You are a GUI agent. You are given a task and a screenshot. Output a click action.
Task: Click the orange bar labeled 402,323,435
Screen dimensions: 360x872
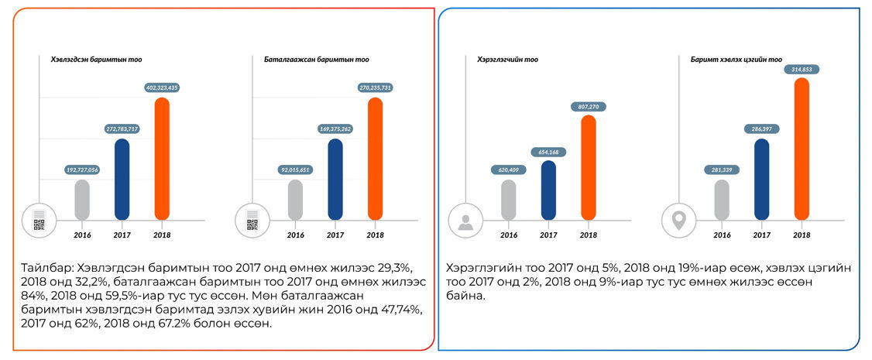tap(162, 159)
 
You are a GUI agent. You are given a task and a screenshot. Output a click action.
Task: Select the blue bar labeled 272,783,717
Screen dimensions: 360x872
tap(122, 180)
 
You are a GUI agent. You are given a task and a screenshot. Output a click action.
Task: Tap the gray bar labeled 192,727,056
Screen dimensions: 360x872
tap(81, 200)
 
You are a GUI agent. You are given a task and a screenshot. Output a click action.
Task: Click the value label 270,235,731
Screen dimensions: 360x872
tap(375, 88)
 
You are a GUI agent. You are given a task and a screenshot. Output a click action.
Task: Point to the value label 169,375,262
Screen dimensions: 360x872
tap(335, 129)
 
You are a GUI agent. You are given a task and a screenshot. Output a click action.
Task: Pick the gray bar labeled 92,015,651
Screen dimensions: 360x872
tap(295, 200)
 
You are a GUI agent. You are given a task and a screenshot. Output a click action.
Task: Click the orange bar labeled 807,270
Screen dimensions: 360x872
tap(589, 167)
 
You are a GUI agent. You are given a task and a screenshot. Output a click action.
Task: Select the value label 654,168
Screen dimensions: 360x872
tap(548, 152)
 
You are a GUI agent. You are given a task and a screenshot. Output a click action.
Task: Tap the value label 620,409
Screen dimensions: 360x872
tap(508, 170)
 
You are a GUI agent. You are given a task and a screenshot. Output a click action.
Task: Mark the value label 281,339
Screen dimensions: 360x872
tap(721, 170)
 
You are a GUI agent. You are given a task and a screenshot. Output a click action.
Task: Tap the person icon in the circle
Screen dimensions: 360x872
tap(465, 222)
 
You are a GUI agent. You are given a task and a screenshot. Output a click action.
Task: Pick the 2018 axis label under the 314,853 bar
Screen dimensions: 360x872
tap(802, 235)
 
